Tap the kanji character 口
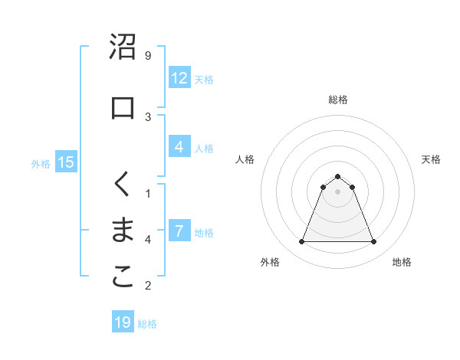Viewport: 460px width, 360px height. pyautogui.click(x=123, y=107)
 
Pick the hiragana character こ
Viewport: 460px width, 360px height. pyautogui.click(x=123, y=277)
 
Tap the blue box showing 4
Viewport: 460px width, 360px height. pyautogui.click(x=179, y=147)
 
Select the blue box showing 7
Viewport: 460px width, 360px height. pyautogui.click(x=179, y=231)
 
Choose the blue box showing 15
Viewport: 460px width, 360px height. pyautogui.click(x=66, y=162)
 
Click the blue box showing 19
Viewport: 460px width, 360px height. pyautogui.click(x=123, y=322)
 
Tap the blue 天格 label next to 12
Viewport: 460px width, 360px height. pyautogui.click(x=204, y=79)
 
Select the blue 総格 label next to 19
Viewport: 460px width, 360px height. pyautogui.click(x=147, y=324)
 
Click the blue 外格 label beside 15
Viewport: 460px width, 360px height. pyautogui.click(x=41, y=163)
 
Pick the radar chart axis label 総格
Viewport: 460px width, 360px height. pyautogui.click(x=337, y=100)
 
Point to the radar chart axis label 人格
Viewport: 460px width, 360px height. pyautogui.click(x=245, y=159)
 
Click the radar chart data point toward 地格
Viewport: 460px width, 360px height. pyautogui.click(x=373, y=242)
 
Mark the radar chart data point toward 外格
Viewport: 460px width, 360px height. pyautogui.click(x=301, y=242)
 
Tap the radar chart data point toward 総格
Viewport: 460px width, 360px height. pyautogui.click(x=337, y=176)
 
